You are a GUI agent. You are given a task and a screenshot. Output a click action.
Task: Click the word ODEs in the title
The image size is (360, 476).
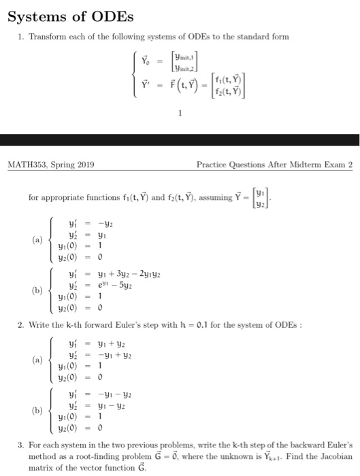tap(105, 15)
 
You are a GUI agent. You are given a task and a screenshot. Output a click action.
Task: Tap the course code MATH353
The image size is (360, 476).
tap(27, 164)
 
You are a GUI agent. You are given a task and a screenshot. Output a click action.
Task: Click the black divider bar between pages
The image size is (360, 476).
tap(180, 139)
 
